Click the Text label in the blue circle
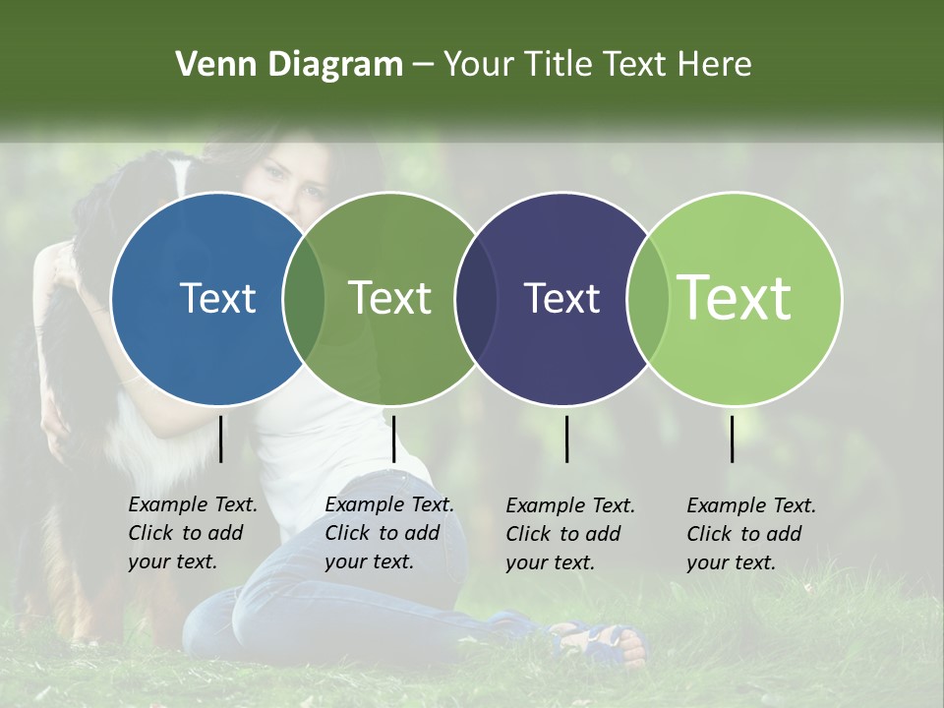point(217,298)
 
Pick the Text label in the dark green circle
point(389,298)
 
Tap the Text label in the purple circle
point(561,298)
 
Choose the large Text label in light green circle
point(735,298)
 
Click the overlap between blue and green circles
point(304,298)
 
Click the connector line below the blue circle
point(221,439)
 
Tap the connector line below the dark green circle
point(393,439)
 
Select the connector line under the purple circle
point(566,439)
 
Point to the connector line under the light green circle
point(733,439)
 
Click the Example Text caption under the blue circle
point(193,504)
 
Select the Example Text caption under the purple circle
point(570,506)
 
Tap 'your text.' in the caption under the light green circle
point(731,563)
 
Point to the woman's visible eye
point(271,175)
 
